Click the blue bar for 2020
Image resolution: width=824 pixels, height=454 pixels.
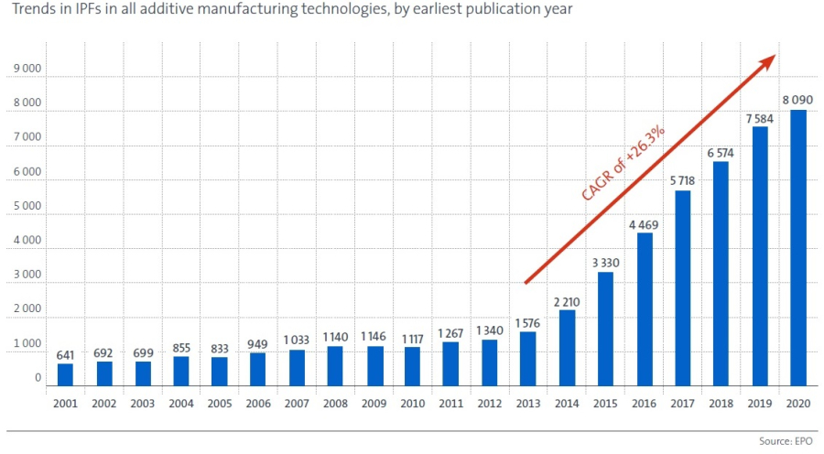pyautogui.click(x=798, y=248)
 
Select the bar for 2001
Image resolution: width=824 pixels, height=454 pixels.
pyautogui.click(x=65, y=375)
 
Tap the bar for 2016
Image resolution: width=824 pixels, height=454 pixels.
pyautogui.click(x=645, y=309)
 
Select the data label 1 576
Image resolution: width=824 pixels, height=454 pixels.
pyautogui.click(x=527, y=322)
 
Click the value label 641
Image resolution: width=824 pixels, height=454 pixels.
pyautogui.click(x=65, y=354)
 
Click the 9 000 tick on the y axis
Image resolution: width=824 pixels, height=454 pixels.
pyautogui.click(x=27, y=69)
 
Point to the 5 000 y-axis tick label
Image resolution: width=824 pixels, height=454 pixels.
pyautogui.click(x=27, y=207)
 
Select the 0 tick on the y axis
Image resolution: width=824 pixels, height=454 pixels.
pyautogui.click(x=38, y=378)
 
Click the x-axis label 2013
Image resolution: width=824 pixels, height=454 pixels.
pyautogui.click(x=527, y=402)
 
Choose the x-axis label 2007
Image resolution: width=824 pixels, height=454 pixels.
pyautogui.click(x=297, y=402)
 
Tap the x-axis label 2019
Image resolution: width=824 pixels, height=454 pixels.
pyautogui.click(x=759, y=402)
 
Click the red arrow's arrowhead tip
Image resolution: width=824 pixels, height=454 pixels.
pyautogui.click(x=774, y=57)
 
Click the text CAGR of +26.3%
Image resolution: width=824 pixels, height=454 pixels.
pyautogui.click(x=623, y=162)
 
